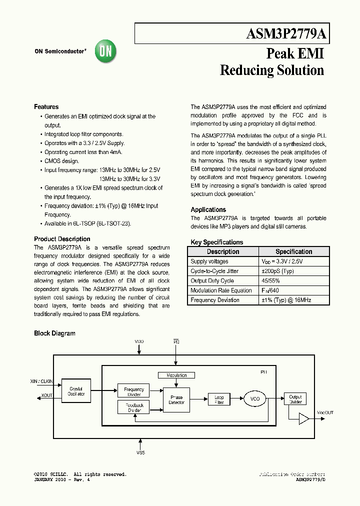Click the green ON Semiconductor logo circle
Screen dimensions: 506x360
pyautogui.click(x=105, y=51)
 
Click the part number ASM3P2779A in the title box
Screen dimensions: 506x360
pyautogui.click(x=286, y=34)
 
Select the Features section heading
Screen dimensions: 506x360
pyautogui.click(x=46, y=107)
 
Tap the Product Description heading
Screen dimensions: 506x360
pyautogui.click(x=62, y=239)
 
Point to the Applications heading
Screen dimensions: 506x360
pyautogui.click(x=208, y=210)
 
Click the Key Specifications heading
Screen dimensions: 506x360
pyautogui.click(x=217, y=242)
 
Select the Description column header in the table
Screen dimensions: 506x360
pyautogui.click(x=223, y=252)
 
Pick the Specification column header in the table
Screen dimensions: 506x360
pyautogui.click(x=293, y=252)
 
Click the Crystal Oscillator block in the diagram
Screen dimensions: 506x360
pyautogui.click(x=76, y=391)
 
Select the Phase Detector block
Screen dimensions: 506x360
pyautogui.click(x=176, y=400)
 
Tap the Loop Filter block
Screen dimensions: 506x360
pyautogui.click(x=219, y=399)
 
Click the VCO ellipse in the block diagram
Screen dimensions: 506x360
pyautogui.click(x=255, y=399)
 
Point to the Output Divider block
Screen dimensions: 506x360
pyautogui.click(x=295, y=399)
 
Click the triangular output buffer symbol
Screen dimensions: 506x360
pyautogui.click(x=304, y=419)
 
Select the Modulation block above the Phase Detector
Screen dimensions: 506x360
pyautogui.click(x=176, y=375)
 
